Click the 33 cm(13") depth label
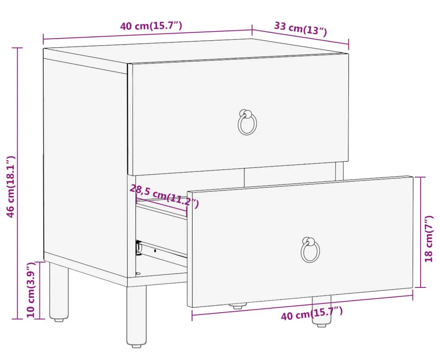300,29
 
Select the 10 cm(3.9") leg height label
31,290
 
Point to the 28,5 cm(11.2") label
164,195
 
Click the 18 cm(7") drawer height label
429,239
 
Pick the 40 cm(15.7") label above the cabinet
151,25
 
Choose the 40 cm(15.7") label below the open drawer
312,314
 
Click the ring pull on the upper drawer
247,122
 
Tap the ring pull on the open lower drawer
310,250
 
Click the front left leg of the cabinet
136,316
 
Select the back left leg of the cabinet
59,292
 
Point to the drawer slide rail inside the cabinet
162,250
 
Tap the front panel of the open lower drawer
300,241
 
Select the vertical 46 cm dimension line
17,183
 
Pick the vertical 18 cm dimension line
420,232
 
